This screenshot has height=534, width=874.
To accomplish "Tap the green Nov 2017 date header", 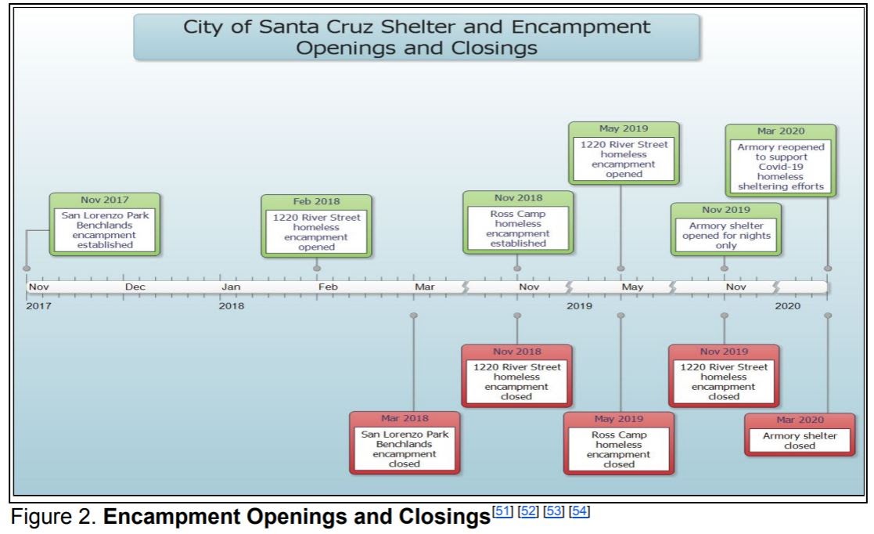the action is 105,200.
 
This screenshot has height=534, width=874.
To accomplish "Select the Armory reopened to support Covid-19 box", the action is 780,161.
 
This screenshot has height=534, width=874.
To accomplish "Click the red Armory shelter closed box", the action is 800,435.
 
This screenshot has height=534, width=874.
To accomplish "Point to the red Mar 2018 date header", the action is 405,418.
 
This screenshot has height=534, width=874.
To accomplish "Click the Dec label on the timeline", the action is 135,287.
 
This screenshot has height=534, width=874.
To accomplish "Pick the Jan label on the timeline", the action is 231,287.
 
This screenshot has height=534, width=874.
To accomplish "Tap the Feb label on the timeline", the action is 328,287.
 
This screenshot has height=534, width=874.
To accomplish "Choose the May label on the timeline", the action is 632,287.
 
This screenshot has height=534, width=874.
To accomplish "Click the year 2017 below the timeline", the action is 38,306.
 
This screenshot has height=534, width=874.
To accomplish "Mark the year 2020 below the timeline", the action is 788,306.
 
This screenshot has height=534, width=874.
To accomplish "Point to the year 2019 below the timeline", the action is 579,306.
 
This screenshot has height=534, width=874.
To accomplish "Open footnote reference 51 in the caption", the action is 503,511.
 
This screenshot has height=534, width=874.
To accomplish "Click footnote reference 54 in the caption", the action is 580,511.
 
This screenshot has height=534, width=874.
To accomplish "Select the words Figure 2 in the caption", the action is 54,517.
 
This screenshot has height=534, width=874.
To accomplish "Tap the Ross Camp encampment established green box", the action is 518,222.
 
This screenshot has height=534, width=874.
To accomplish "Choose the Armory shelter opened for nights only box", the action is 726,229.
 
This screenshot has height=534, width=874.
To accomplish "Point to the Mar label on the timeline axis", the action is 424,287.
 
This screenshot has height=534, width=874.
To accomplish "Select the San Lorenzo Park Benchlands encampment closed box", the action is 405,443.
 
